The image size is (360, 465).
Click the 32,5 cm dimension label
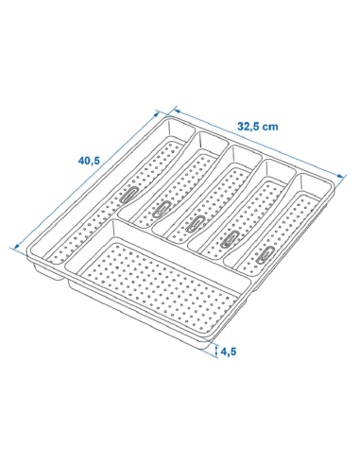tap(258, 127)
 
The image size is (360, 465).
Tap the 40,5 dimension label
tap(89, 161)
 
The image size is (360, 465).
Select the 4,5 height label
tap(229, 352)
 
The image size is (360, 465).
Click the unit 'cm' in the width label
tap(270, 128)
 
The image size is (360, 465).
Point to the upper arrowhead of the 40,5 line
tap(157, 114)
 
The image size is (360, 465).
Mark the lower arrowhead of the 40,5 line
tap(17, 247)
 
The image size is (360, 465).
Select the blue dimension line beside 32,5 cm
tap(258, 143)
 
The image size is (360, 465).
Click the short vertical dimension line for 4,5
tap(216, 351)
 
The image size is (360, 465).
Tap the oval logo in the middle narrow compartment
tap(196, 223)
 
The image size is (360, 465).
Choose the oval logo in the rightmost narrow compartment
tap(266, 254)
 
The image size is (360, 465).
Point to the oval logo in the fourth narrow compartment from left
tap(231, 239)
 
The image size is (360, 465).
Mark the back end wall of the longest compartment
tap(180, 130)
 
